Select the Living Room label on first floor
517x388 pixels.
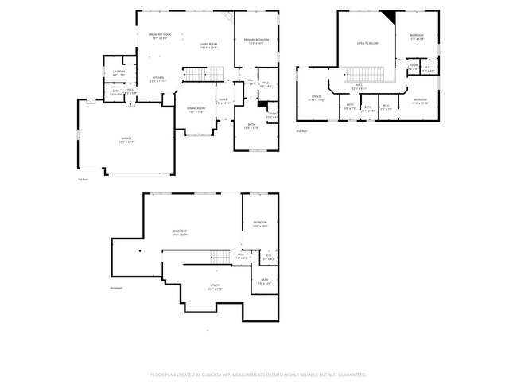pyautogui.click(x=208, y=45)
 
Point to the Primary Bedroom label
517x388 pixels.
pyautogui.click(x=256, y=40)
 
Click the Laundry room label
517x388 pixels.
pyautogui.click(x=119, y=72)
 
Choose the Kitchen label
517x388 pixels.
pyautogui.click(x=158, y=79)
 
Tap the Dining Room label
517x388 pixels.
pyautogui.click(x=196, y=110)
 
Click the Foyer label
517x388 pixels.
pyautogui.click(x=224, y=100)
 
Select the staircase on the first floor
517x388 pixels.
pyautogui.click(x=200, y=75)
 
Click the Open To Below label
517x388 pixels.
pyautogui.click(x=367, y=43)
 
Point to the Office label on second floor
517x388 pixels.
pyautogui.click(x=316, y=98)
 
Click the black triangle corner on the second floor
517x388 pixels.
pyautogui.click(x=389, y=17)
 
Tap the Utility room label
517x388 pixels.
pyautogui.click(x=215, y=286)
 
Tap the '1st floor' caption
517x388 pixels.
pyautogui.click(x=83, y=180)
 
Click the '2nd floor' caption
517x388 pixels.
pyautogui.click(x=301, y=130)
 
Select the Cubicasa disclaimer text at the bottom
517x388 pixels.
pyautogui.click(x=258, y=374)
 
